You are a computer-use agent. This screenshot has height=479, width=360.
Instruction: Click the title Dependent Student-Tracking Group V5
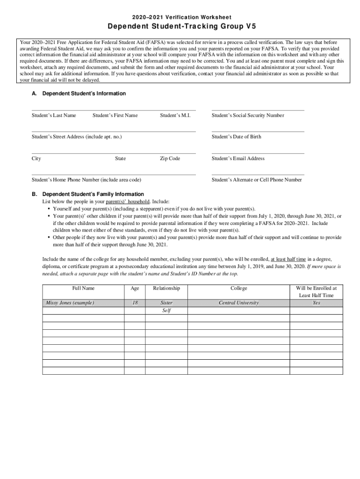point(180,26)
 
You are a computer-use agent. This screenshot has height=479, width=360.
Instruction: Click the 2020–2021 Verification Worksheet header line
point(180,16)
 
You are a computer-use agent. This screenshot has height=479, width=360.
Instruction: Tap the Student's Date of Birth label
point(236,137)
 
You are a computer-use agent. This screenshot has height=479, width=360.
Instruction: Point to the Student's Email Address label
point(238,159)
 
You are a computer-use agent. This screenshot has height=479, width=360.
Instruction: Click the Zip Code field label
point(170,159)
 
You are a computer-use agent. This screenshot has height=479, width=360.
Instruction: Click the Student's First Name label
point(115,116)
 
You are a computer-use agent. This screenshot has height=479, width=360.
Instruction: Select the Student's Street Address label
point(77,137)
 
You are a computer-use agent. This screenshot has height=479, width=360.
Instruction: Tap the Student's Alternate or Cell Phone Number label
point(257,180)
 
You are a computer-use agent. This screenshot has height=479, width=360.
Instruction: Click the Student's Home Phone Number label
point(86,180)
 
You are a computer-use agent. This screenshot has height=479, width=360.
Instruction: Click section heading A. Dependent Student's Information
point(79,94)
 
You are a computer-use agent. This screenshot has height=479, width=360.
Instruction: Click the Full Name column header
point(83,289)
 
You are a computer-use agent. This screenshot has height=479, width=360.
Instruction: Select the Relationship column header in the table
point(166,289)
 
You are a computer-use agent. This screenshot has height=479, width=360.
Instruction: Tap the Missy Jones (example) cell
point(70,303)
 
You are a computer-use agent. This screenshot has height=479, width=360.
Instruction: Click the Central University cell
point(238,303)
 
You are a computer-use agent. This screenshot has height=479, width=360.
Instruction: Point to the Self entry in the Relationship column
point(166,311)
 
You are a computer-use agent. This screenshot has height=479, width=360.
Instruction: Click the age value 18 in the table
point(135,303)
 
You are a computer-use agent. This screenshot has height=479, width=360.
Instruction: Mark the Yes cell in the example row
point(316,303)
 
